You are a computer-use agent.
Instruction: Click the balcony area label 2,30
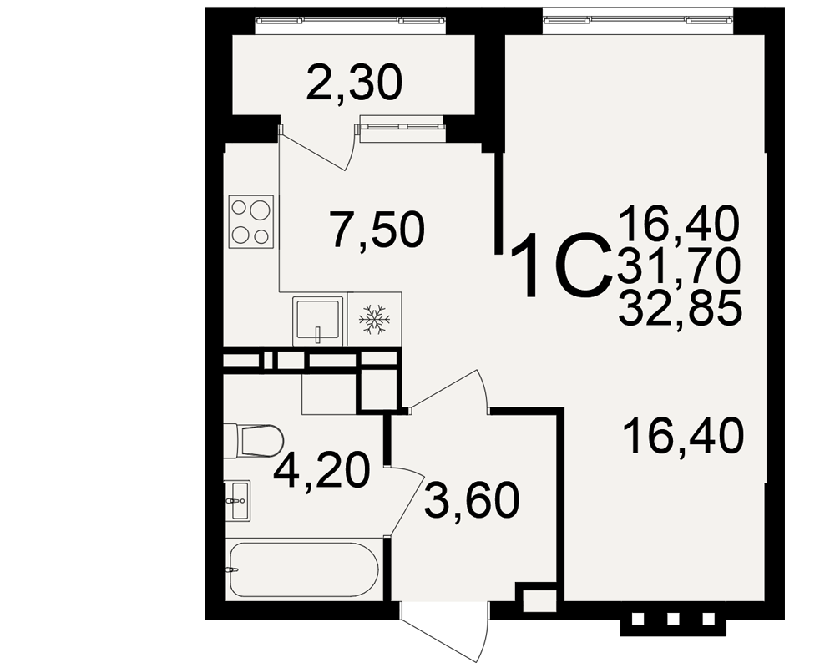point(354,83)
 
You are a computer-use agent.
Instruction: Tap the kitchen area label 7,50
point(377,230)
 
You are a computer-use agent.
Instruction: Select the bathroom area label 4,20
point(321,470)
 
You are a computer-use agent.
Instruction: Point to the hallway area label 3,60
point(472,500)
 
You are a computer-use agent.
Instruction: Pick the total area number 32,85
point(680,307)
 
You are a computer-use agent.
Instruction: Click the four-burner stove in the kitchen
point(251,221)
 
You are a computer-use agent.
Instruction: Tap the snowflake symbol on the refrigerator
point(374,320)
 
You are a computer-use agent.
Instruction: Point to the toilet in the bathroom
point(253,440)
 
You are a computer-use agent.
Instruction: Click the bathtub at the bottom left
point(304,570)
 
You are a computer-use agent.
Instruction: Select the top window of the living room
point(638,20)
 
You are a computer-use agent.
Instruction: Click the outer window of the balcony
point(351,20)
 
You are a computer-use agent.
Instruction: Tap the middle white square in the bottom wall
point(672,619)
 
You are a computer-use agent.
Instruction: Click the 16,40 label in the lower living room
point(685,436)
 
